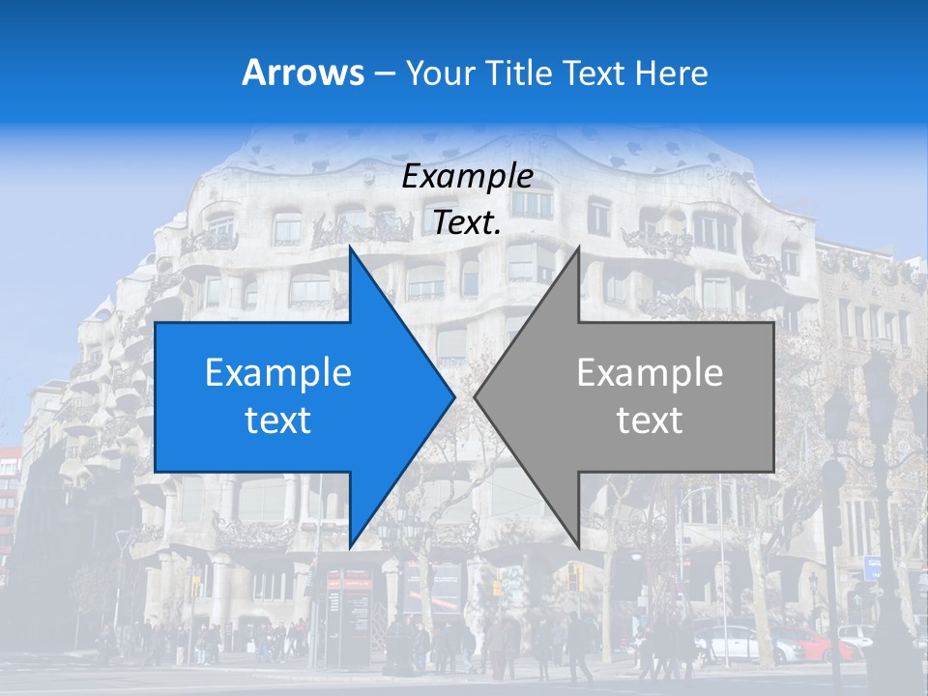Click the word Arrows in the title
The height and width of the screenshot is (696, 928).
pyautogui.click(x=304, y=72)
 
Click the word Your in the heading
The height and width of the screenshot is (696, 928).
pyautogui.click(x=441, y=72)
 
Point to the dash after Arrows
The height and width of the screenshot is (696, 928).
pyautogui.click(x=384, y=73)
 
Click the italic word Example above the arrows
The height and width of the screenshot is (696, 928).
pyautogui.click(x=467, y=177)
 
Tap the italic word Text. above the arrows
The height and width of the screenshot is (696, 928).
pyautogui.click(x=467, y=222)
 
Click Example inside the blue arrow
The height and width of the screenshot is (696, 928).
pyautogui.click(x=278, y=373)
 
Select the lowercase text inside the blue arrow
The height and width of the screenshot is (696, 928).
pyautogui.click(x=278, y=420)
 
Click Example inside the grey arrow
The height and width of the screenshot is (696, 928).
pyautogui.click(x=650, y=373)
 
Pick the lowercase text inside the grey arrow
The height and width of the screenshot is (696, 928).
pyautogui.click(x=650, y=420)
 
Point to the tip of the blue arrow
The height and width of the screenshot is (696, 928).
pyautogui.click(x=453, y=396)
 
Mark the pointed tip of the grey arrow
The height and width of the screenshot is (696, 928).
pyautogui.click(x=476, y=396)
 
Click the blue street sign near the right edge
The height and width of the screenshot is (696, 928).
pyautogui.click(x=872, y=567)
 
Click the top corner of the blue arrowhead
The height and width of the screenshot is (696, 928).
pyautogui.click(x=350, y=249)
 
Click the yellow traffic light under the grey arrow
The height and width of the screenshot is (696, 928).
pyautogui.click(x=576, y=578)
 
